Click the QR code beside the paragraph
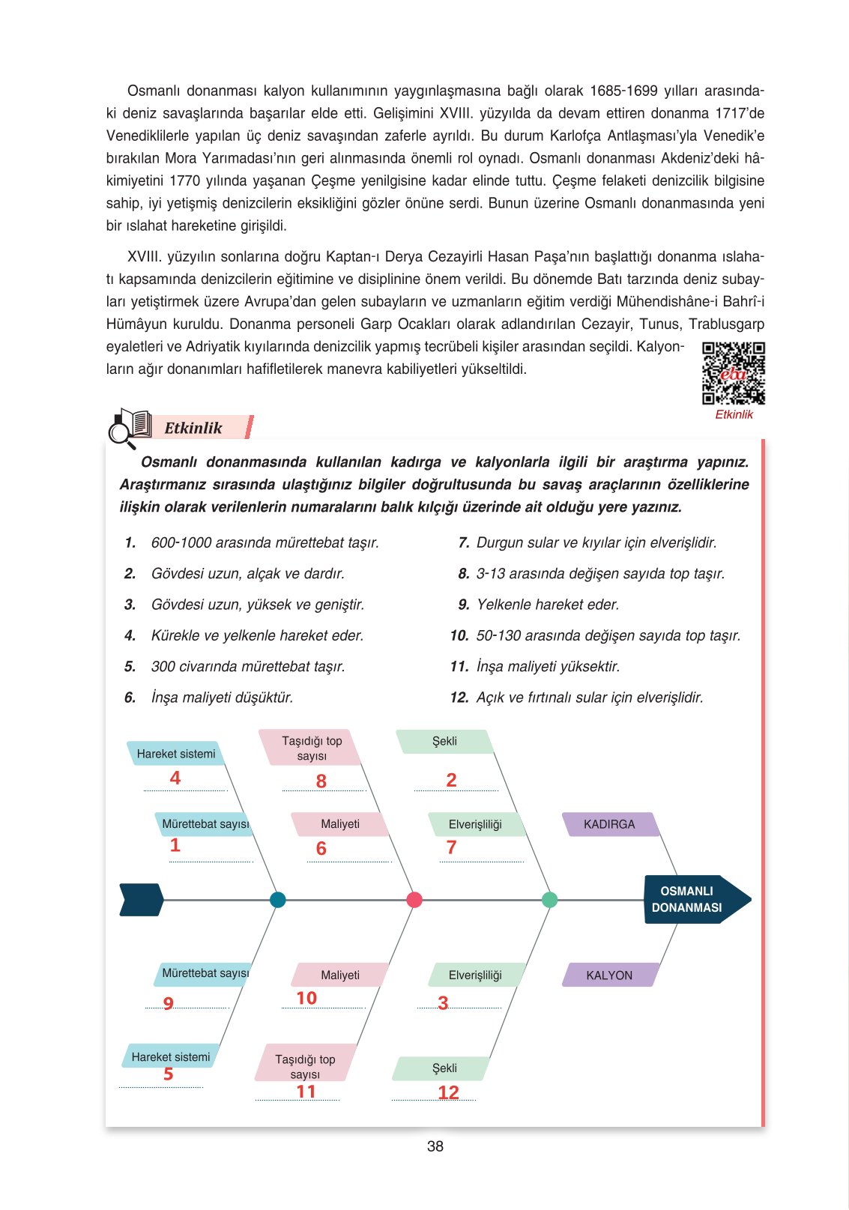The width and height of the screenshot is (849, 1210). tap(733, 373)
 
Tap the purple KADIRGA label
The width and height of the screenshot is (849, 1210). tap(609, 824)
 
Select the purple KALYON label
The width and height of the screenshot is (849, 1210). tap(609, 975)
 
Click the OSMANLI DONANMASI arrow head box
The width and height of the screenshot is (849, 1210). tap(693, 899)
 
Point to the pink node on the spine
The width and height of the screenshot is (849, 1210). tap(414, 900)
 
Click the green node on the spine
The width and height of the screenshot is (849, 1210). tap(549, 900)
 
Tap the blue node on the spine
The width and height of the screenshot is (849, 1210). tap(277, 900)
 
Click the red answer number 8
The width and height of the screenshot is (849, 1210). tap(321, 781)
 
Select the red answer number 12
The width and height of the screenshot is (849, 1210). tap(448, 1092)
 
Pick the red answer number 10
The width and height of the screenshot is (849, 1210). tap(306, 998)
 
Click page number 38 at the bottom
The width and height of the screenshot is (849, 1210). tap(435, 1146)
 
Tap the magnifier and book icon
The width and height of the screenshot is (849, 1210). tap(129, 428)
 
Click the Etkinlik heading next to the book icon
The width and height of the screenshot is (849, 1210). tap(193, 428)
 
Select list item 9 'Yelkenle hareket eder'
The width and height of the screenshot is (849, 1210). tap(547, 605)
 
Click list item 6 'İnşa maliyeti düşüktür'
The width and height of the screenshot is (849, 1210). tap(221, 698)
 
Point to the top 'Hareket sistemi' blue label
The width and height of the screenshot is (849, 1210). tap(175, 754)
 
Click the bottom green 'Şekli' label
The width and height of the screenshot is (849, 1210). tap(444, 1068)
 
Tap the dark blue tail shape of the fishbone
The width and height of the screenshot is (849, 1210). tap(141, 900)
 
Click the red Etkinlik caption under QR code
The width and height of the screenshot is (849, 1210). tap(734, 414)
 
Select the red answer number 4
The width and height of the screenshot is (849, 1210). tap(175, 778)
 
